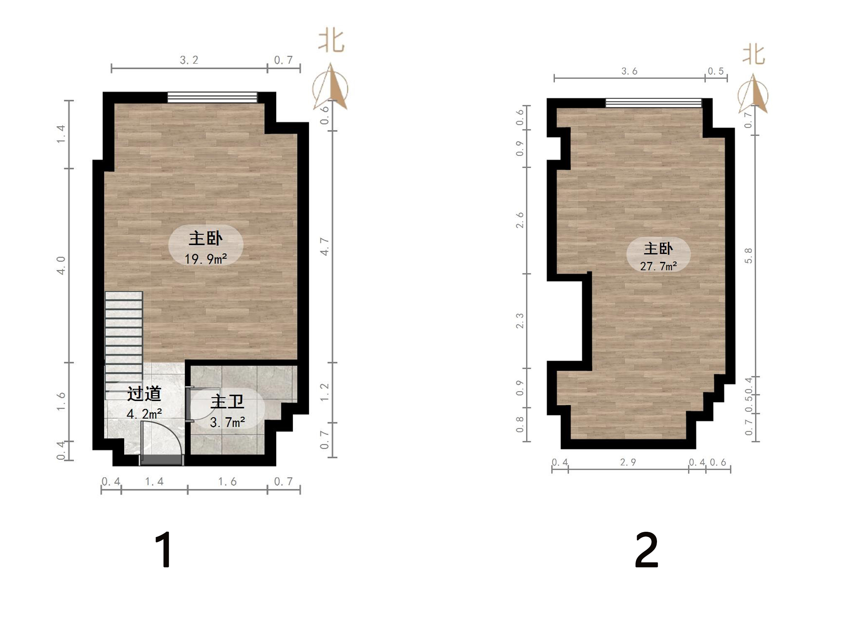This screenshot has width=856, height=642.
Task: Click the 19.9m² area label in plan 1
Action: pyautogui.click(x=205, y=259)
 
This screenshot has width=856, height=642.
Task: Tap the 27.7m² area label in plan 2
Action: pyautogui.click(x=658, y=266)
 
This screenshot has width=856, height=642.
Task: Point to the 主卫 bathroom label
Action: pyautogui.click(x=227, y=402)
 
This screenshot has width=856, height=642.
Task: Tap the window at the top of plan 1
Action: pyautogui.click(x=212, y=97)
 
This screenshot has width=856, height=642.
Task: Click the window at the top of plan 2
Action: pyautogui.click(x=653, y=103)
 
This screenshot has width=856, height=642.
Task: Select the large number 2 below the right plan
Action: pyautogui.click(x=646, y=550)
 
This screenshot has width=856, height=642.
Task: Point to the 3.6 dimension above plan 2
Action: pyautogui.click(x=629, y=71)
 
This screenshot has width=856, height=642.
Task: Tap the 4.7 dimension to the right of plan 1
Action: pyautogui.click(x=325, y=246)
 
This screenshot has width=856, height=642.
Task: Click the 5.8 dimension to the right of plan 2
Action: pyautogui.click(x=748, y=255)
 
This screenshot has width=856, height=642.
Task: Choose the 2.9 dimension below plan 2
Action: pyautogui.click(x=628, y=462)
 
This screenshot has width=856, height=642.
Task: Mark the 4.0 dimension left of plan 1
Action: pyautogui.click(x=61, y=265)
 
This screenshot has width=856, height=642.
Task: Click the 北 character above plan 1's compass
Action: pyautogui.click(x=331, y=41)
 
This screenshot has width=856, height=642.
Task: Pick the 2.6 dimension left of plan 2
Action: pyautogui.click(x=520, y=220)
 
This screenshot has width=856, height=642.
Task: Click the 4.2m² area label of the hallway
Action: pyautogui.click(x=144, y=414)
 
